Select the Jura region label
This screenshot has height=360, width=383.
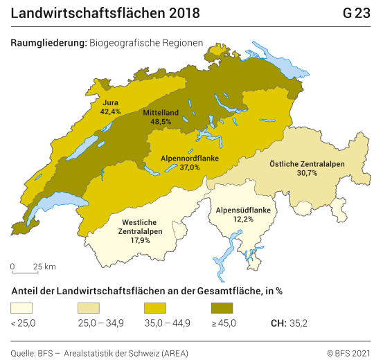(x=110, y=102)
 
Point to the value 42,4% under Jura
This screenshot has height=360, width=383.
(x=110, y=111)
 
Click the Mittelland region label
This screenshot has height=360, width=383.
(x=161, y=112)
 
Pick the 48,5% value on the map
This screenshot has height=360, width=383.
(x=161, y=121)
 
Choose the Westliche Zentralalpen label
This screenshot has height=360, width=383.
(x=142, y=227)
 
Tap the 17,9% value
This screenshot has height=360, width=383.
(x=142, y=241)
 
